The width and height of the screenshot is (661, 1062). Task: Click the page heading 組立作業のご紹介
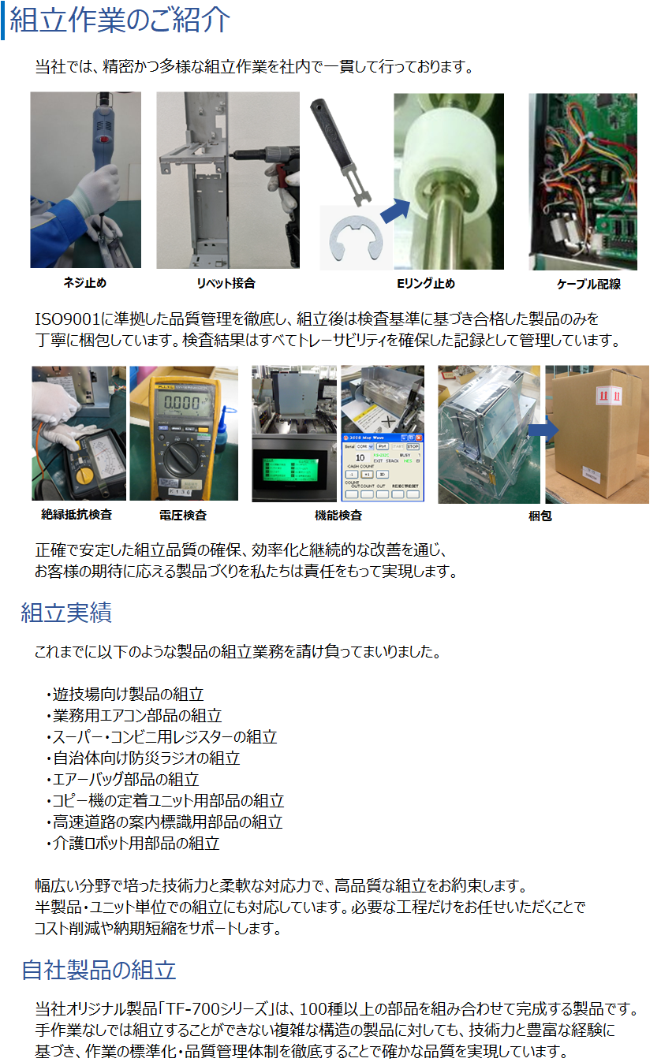(x=119, y=20)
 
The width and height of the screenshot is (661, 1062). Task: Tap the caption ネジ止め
(x=85, y=283)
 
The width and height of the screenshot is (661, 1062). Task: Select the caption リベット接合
(x=226, y=284)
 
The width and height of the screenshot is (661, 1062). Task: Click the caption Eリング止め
(x=426, y=284)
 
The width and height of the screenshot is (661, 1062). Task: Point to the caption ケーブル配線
(x=588, y=284)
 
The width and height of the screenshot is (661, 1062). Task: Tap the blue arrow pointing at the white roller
(x=394, y=211)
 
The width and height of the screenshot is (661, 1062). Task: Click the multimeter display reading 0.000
(x=182, y=403)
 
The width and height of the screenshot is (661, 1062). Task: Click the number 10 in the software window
(x=360, y=457)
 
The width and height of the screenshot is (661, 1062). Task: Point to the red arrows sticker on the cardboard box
(x=609, y=396)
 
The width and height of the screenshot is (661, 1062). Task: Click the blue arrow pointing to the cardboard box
(x=543, y=430)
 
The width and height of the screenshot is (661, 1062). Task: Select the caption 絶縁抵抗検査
(x=77, y=515)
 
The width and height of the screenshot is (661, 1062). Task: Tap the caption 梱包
(x=540, y=516)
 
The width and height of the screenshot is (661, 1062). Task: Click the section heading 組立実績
(x=66, y=612)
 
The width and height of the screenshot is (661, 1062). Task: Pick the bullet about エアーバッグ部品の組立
(x=123, y=780)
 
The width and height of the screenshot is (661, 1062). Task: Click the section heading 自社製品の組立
(x=99, y=970)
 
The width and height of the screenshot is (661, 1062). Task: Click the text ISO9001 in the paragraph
(x=67, y=319)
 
